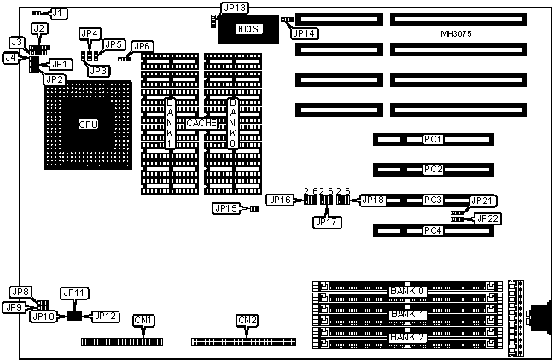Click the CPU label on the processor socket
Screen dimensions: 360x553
point(88,124)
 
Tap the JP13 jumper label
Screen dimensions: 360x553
point(234,9)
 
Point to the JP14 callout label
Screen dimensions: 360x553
point(305,33)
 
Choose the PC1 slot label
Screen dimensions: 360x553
point(433,139)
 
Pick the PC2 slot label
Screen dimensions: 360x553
point(433,169)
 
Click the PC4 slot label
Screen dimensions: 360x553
point(433,230)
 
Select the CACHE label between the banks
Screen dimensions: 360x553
point(202,124)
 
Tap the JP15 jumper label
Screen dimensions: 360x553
point(226,208)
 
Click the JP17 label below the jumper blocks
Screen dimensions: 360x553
point(327,222)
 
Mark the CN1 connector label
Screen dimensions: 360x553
point(143,321)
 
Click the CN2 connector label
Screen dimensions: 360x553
point(246,321)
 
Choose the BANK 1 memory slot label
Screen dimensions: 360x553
point(405,315)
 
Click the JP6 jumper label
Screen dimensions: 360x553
point(143,46)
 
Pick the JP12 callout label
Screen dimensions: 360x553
point(104,316)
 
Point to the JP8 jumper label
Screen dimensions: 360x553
point(20,292)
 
